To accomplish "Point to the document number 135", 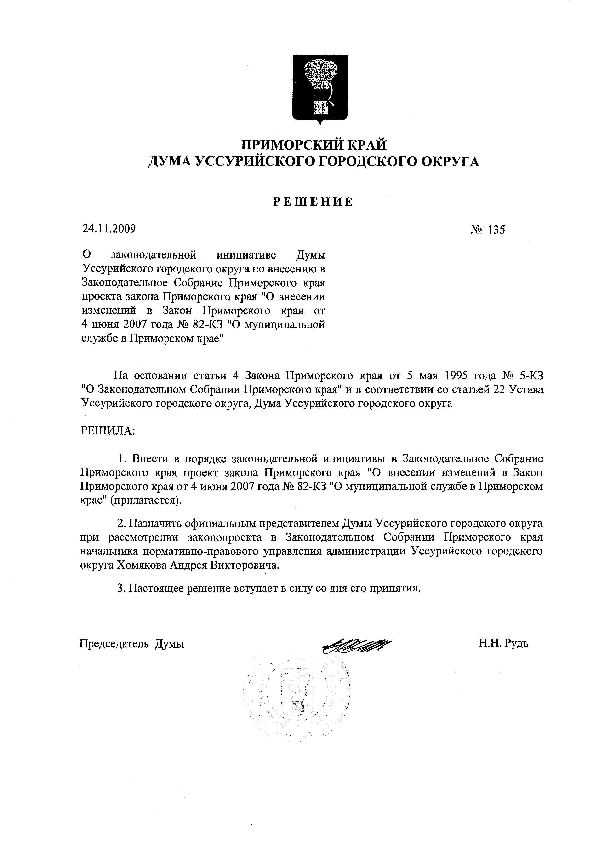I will pyautogui.click(x=496, y=230).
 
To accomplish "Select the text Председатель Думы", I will pyautogui.click(x=132, y=644).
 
